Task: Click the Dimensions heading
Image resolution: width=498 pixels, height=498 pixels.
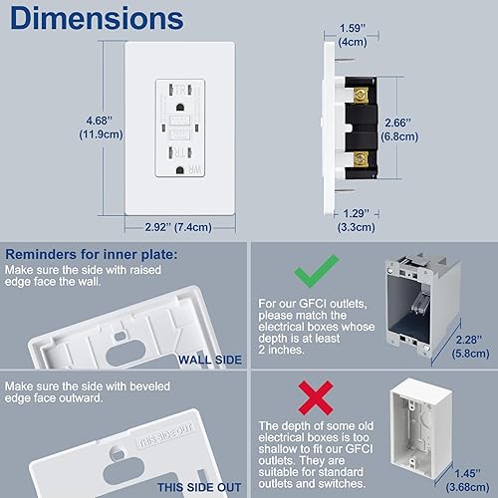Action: click(98, 19)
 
